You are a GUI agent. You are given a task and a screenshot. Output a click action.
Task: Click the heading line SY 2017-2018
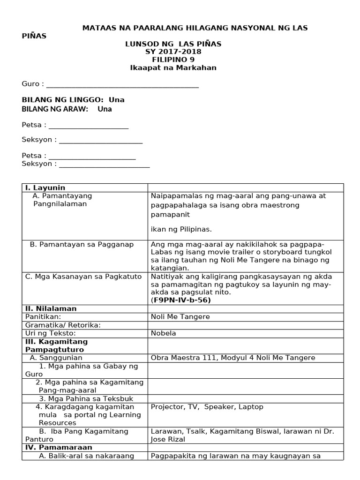pos(173,52)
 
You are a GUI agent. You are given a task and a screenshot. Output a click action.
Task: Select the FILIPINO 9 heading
pos(173,60)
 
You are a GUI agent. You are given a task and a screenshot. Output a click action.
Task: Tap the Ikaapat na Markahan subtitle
pos(173,67)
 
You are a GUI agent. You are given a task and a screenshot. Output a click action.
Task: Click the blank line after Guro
pos(122,85)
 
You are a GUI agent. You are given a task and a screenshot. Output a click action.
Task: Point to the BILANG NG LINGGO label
pos(63,100)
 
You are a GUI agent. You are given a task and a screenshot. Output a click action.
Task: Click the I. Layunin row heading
pos(45,187)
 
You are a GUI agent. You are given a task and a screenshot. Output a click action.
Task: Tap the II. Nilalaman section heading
pos(51,308)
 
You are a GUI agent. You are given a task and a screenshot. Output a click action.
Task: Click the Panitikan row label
pos(43,317)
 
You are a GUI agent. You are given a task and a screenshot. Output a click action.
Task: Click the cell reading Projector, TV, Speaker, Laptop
pos(207,407)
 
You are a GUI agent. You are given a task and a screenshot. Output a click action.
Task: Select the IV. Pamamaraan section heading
pos(58,447)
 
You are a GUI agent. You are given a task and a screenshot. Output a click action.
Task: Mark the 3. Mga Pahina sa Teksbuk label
pos(78,398)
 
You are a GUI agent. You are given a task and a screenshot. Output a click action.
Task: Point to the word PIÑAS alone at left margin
pos(34,36)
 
